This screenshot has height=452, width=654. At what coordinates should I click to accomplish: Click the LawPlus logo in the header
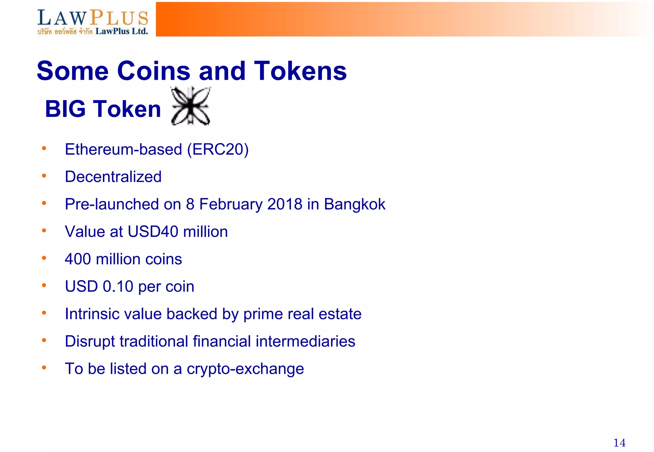point(93,21)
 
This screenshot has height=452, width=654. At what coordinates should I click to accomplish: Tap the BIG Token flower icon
point(191,106)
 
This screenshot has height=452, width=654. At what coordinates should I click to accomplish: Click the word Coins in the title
point(154,71)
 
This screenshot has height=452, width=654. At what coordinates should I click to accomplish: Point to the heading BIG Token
point(103,109)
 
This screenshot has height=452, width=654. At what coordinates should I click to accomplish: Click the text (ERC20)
point(218,149)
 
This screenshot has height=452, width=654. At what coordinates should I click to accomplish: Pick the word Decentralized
point(113,177)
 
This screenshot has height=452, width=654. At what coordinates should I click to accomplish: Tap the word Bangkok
point(354,204)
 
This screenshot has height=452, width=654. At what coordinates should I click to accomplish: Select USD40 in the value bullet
point(153,232)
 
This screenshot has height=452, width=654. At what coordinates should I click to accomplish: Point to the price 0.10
point(118,287)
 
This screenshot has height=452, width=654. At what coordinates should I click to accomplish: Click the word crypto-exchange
point(245,369)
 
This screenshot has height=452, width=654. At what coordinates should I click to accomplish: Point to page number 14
point(619,443)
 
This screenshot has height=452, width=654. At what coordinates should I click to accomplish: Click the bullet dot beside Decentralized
point(44,176)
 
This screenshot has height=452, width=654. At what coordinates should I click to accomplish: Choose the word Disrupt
point(90,341)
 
